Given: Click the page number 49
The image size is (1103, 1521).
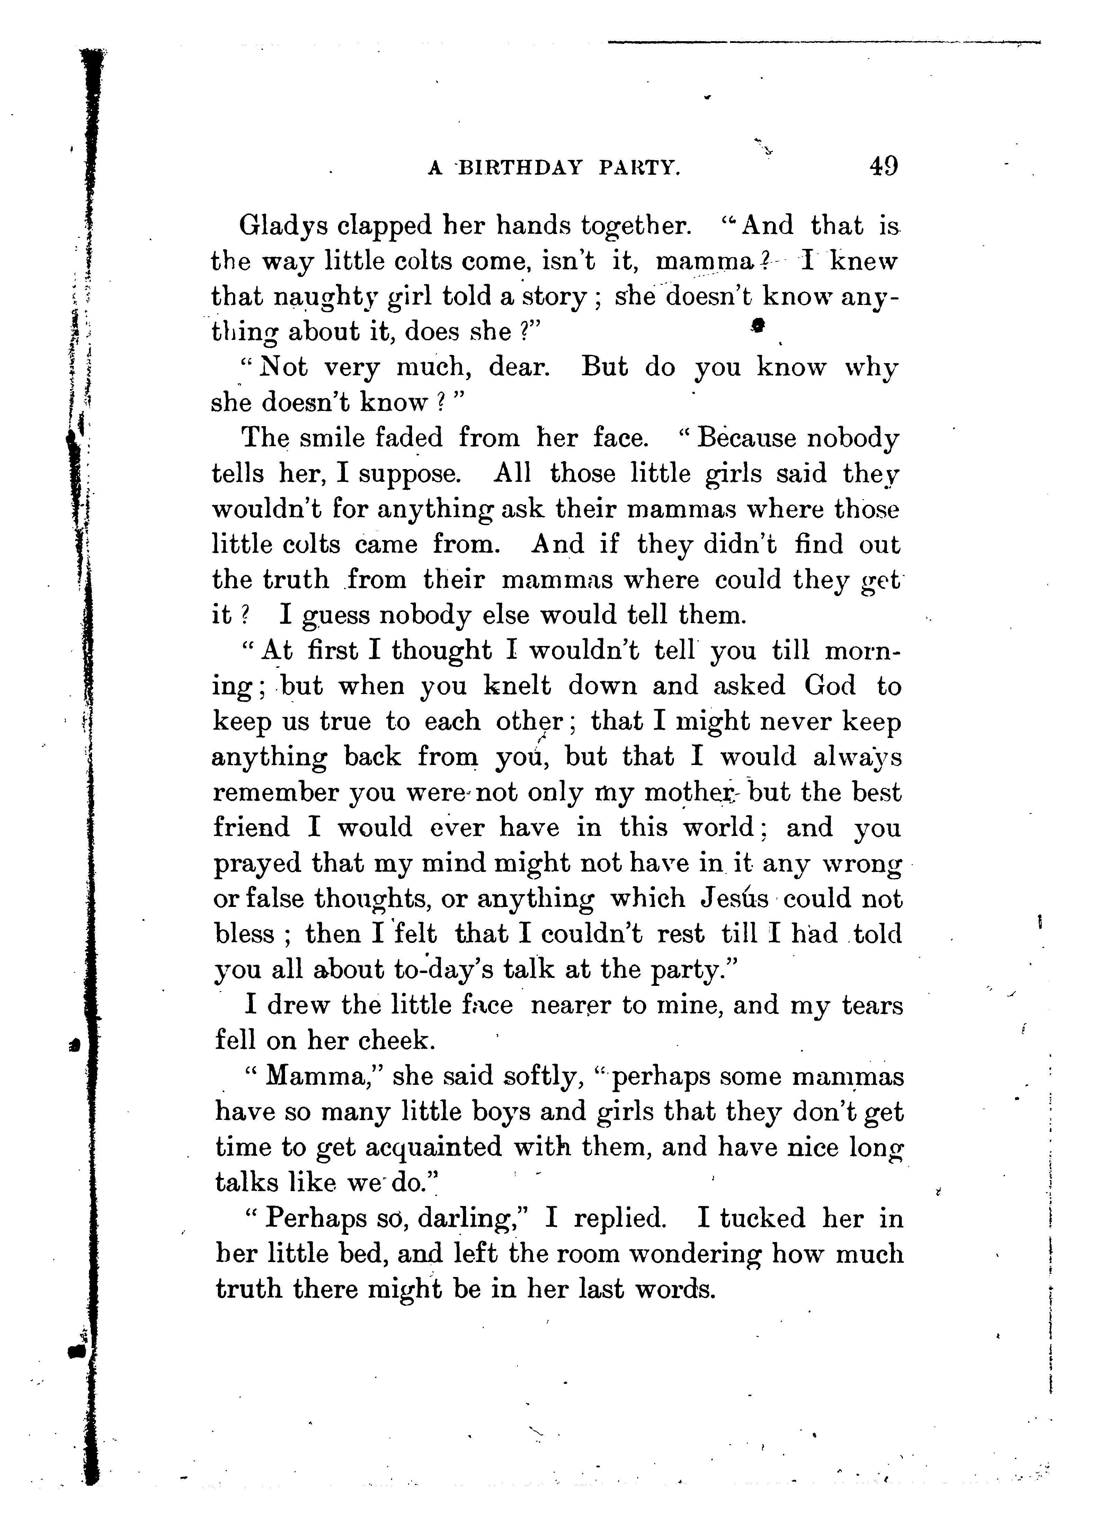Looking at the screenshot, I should [883, 166].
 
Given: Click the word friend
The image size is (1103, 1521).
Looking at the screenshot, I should [252, 828].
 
